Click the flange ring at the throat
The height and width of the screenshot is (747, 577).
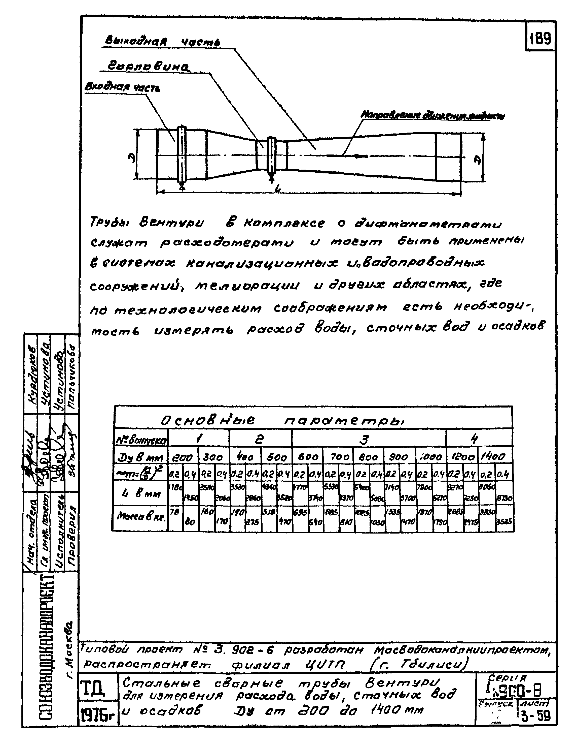272,156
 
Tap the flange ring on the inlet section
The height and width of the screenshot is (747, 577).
182,156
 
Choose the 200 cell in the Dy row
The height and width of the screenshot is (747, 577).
183,457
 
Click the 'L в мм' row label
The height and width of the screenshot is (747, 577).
140,493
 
